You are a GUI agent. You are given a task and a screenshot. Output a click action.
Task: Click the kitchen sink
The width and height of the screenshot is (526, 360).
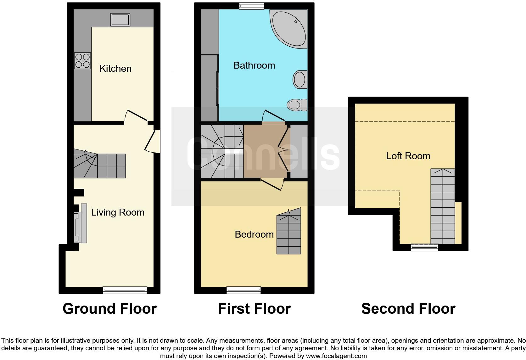(x=120, y=20)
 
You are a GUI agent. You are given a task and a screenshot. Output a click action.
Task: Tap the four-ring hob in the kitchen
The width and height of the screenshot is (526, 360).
(x=82, y=61)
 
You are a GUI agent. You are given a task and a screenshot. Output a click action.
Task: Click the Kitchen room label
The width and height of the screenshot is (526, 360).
(x=115, y=68)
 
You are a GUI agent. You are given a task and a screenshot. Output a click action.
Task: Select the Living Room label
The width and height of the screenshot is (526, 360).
(x=118, y=212)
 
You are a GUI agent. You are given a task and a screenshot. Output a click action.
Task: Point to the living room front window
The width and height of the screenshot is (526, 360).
(x=125, y=290)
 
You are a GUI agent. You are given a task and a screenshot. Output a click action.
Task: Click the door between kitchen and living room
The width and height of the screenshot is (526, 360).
(x=136, y=115)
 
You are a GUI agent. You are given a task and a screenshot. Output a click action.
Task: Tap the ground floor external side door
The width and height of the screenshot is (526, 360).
(x=151, y=142)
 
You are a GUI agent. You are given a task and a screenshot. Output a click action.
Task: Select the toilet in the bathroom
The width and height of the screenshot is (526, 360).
(x=297, y=104)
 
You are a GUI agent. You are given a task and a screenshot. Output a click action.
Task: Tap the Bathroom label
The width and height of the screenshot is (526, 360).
(x=254, y=65)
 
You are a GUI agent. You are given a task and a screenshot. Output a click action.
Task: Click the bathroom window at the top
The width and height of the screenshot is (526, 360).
(x=251, y=6)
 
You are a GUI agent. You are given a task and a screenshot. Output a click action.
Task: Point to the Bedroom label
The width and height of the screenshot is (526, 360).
(x=254, y=234)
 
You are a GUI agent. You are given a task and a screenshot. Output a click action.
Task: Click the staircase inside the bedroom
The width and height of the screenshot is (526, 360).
(x=289, y=233)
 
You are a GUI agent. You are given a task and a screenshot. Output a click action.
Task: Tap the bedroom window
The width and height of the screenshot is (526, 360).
(x=243, y=290)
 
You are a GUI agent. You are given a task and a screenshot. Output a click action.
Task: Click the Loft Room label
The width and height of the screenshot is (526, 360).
(x=408, y=156)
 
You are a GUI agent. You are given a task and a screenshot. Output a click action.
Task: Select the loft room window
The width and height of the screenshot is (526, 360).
(x=424, y=248)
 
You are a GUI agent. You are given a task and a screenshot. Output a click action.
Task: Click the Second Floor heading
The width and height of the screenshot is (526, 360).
(x=408, y=308)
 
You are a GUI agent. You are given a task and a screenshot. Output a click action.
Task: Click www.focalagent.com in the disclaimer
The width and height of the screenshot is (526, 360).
(x=336, y=356)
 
